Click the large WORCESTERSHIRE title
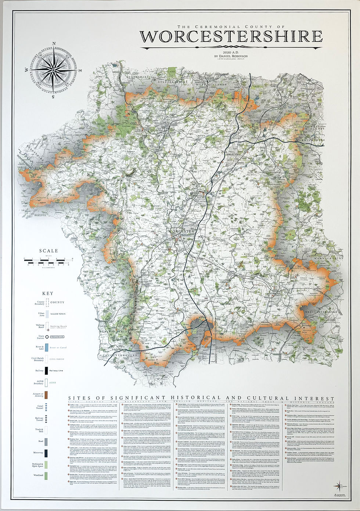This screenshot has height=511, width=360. [x=231, y=37]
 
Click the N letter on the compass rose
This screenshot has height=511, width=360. [x=54, y=44]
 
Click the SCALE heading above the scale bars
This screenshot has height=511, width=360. [x=49, y=251]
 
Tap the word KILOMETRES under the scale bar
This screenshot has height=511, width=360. [x=48, y=268]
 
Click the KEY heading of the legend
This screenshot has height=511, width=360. [x=47, y=293]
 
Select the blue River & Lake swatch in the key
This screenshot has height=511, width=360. [x=47, y=347]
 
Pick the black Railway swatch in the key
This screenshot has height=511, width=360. [x=47, y=371]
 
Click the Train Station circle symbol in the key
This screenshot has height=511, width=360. [x=47, y=336]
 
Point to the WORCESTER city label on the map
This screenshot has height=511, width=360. [x=181, y=231]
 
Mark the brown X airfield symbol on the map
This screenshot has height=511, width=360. [x=241, y=264]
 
